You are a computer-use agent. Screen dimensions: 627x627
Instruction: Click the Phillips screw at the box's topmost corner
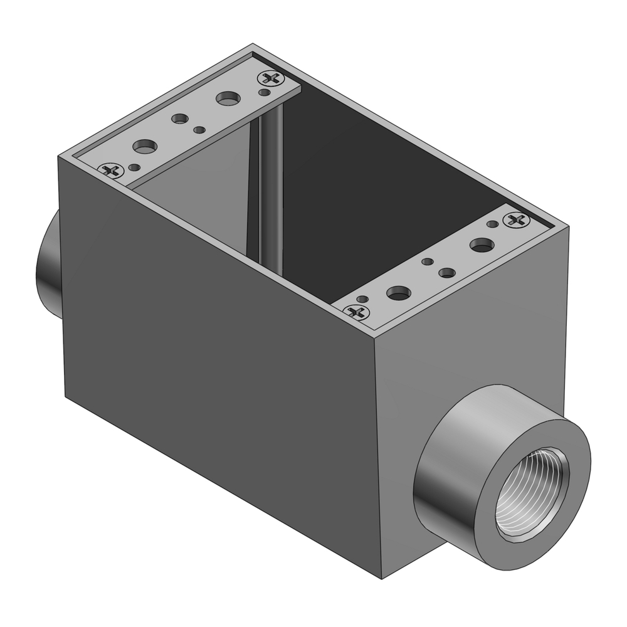271,79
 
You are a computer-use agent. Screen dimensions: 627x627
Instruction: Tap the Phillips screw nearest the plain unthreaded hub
112,169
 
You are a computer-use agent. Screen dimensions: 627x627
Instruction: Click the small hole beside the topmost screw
265,93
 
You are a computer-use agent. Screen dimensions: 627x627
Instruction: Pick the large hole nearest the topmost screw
228,98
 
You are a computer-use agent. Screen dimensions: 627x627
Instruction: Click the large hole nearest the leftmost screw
145,147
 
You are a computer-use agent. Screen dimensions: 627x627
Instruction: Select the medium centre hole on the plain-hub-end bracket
181,119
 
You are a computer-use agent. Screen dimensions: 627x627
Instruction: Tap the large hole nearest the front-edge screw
399,292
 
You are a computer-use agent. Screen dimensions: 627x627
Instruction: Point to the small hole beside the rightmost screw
493,224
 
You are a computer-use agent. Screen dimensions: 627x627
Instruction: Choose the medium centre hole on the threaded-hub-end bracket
446,273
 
